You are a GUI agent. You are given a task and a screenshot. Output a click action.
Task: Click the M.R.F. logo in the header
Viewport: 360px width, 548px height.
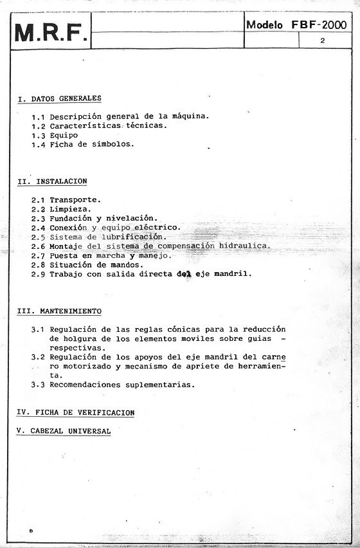[50, 33]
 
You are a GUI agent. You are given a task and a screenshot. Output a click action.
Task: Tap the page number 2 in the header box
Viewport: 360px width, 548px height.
[321, 40]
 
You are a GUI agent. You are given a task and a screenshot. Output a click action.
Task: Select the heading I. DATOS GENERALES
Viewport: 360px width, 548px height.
[59, 99]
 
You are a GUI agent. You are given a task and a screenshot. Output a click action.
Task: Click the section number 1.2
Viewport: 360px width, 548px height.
[39, 126]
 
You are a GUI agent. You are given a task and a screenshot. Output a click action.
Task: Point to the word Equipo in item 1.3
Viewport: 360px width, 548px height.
[64, 135]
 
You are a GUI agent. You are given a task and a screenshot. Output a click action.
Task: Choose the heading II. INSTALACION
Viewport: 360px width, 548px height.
[52, 182]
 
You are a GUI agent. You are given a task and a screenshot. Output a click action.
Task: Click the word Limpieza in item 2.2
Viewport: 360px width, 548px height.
[71, 209]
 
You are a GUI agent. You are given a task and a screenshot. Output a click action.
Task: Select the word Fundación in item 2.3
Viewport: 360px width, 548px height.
[71, 219]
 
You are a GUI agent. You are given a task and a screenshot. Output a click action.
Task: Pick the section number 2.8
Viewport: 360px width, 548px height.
[39, 264]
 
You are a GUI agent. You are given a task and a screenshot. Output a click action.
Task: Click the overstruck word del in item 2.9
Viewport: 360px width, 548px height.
[184, 274]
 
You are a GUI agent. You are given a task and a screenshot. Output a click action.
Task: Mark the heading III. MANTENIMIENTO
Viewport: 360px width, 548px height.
[59, 311]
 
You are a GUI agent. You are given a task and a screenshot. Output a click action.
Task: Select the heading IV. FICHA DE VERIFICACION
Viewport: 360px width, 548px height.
[75, 412]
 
